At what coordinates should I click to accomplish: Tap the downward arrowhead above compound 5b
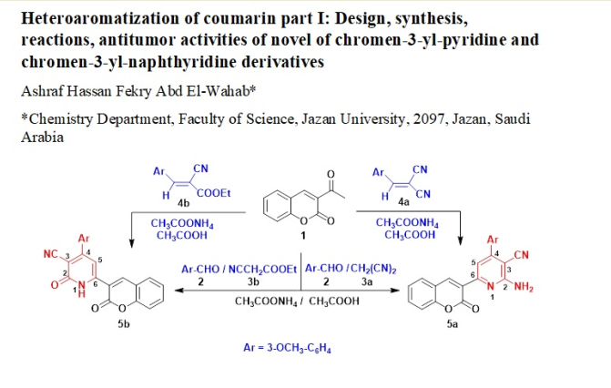pyautogui.click(x=131, y=241)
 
